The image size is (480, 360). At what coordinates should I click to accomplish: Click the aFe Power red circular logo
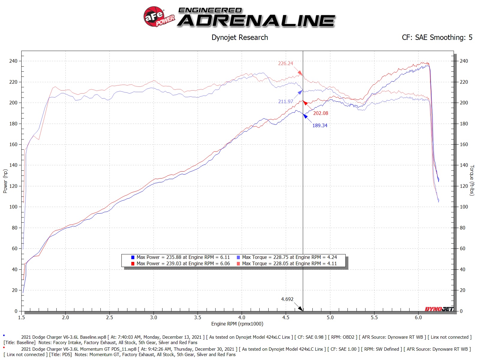pos(154,16)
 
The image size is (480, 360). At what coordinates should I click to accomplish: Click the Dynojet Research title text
pos(240,37)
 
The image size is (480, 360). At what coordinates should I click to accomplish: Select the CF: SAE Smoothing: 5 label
pos(437,37)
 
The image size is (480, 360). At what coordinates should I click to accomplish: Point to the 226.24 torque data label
pos(285,63)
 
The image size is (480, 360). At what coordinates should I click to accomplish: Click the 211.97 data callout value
pos(285,101)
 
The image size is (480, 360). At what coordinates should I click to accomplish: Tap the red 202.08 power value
pos(320,113)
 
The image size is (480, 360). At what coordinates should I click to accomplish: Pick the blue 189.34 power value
pos(320,125)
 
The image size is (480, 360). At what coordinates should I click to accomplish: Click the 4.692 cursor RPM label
pos(287,299)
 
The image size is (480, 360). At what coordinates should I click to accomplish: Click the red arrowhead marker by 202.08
pos(305,103)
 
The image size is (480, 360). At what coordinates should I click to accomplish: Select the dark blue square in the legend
pos(133,257)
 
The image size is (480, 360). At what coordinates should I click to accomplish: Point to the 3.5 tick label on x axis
pos(198,317)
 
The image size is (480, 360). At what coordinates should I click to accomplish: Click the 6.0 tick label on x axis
pos(418,317)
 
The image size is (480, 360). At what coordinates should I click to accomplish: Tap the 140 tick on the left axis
pos(13,165)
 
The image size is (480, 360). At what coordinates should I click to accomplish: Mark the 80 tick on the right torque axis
pos(462,228)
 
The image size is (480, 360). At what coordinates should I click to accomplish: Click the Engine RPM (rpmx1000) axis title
pos(237,324)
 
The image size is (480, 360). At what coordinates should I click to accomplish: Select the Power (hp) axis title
pos(5,181)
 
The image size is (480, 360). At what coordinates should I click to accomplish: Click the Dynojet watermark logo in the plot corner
pos(439,309)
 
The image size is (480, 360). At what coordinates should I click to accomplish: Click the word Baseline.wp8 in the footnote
pos(93,337)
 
